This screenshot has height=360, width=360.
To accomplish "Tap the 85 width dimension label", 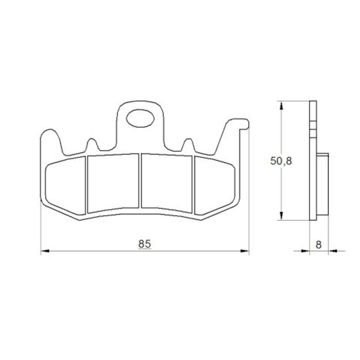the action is click(x=144, y=244).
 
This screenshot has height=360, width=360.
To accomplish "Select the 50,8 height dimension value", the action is click(x=281, y=161).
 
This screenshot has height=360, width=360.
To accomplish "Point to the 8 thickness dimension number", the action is click(x=318, y=245).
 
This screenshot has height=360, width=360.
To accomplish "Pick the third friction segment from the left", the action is click(x=167, y=183).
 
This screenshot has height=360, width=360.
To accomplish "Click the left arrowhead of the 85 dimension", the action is click(x=45, y=251).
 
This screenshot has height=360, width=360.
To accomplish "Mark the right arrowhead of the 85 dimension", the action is click(x=245, y=251).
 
